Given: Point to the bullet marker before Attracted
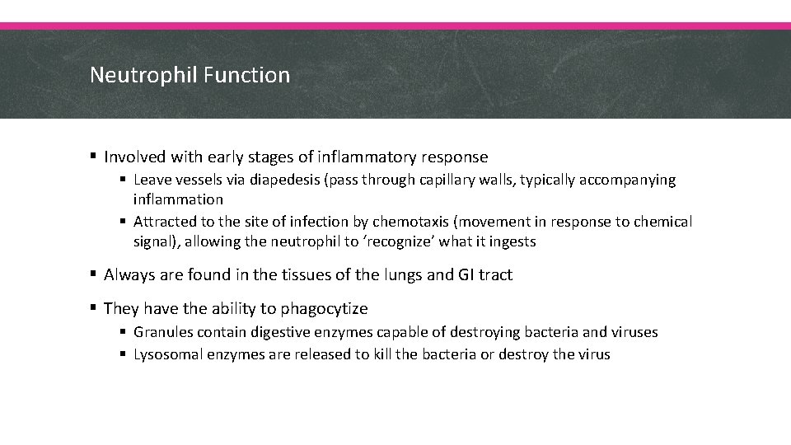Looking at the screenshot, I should pos(123,222).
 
